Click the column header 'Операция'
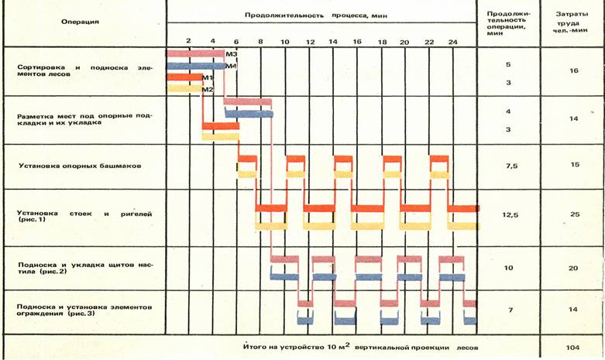(80, 21)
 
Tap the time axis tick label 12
(309, 39)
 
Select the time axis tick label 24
(452, 39)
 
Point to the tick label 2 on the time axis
(188, 39)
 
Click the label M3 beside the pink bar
(230, 53)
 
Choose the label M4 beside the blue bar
(230, 66)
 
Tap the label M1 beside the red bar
(207, 78)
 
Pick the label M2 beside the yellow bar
(207, 90)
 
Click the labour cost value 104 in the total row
(572, 347)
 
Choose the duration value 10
(508, 267)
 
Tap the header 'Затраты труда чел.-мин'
(572, 21)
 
